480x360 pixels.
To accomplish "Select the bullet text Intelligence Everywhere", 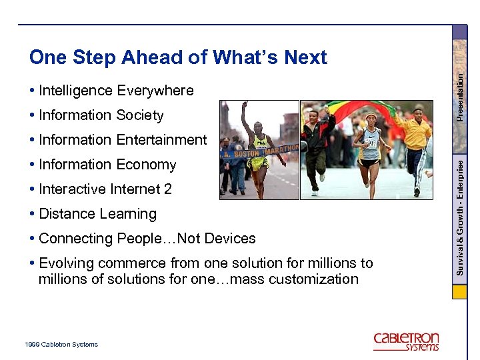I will tap(116, 91).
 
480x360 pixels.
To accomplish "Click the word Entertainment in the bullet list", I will tap(161, 140).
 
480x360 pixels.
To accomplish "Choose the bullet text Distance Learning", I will tap(97, 214).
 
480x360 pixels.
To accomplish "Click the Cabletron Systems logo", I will tap(406, 341).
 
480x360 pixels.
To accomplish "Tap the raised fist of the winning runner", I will tap(244, 105).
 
